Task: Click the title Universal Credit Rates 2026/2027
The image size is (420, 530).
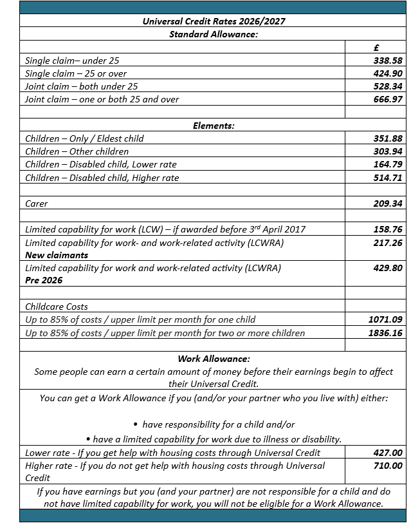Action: coord(213,21)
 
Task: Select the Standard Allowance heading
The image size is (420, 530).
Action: coord(213,33)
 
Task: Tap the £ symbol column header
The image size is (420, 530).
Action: coord(376,47)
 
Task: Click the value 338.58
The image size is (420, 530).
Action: coord(388,60)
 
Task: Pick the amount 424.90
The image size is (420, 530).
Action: coord(388,73)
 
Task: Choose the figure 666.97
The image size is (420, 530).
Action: coord(388,99)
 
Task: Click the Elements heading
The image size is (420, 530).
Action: coord(214,126)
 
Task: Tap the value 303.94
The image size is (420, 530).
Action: coord(388,151)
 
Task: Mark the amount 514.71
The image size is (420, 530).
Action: coord(388,178)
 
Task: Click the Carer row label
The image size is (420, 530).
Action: coord(37,203)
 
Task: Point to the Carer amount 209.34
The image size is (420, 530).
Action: coord(388,203)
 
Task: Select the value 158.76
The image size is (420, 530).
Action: coord(388,229)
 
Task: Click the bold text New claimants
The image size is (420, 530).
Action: coord(57,255)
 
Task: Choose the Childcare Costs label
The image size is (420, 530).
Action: coord(57,307)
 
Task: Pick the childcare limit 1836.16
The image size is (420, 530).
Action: coord(385,333)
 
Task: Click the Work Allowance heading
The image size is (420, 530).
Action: coord(214,359)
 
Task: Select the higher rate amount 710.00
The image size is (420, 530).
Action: coord(388,466)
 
